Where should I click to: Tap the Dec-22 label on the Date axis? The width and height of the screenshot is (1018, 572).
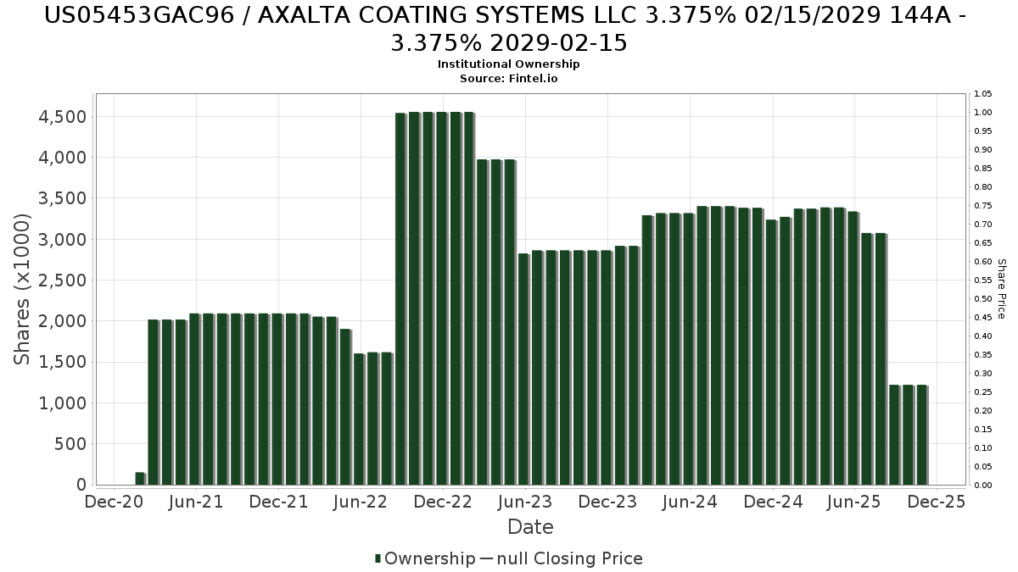coord(443,502)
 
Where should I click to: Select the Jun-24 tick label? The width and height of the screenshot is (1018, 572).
coord(690,502)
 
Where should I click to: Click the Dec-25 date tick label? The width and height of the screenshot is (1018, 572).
coord(937,502)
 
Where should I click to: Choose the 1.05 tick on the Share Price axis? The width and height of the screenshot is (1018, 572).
coord(983,94)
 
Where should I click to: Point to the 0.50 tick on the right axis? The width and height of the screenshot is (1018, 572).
coord(983,299)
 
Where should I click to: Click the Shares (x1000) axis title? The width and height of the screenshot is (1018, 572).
coord(23,289)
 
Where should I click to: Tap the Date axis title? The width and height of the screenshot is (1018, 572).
coord(530,527)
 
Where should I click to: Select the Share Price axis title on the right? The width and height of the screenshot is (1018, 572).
coord(1001,289)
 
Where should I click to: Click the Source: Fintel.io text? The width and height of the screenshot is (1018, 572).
coord(509,78)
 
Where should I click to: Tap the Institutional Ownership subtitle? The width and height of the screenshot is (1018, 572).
coord(509,64)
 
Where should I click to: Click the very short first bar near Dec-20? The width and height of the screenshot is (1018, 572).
coord(140,479)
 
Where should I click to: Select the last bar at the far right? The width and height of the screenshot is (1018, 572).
coord(921,435)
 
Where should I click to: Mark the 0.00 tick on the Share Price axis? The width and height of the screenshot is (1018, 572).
coord(983,486)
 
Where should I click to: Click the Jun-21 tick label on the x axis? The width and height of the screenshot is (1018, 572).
coord(196,502)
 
